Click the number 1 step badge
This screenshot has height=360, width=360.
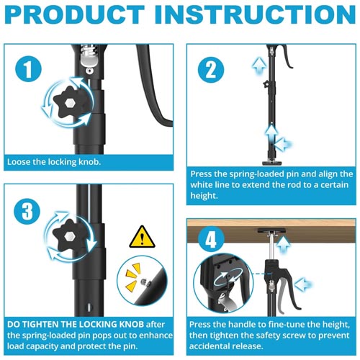click(x=28, y=69)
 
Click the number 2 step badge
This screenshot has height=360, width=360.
click(x=211, y=70)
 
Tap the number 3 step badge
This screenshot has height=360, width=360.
click(x=27, y=211)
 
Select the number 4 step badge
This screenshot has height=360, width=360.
click(x=211, y=239)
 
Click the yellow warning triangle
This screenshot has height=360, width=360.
click(x=142, y=237)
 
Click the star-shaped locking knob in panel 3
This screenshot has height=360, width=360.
click(x=68, y=236)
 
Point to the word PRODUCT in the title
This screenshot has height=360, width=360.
click(x=75, y=14)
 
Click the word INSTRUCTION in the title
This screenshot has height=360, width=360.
click(x=255, y=14)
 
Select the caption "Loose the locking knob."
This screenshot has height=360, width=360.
click(x=54, y=162)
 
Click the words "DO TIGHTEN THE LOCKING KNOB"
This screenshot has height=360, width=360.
click(x=76, y=324)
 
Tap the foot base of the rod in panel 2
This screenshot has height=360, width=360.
click(x=271, y=163)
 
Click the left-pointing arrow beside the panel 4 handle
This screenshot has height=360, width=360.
click(x=303, y=285)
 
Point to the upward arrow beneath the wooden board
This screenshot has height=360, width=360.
click(x=283, y=245)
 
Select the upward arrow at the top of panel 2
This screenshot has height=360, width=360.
click(x=259, y=66)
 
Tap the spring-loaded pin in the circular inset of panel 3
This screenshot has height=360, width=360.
click(x=145, y=283)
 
